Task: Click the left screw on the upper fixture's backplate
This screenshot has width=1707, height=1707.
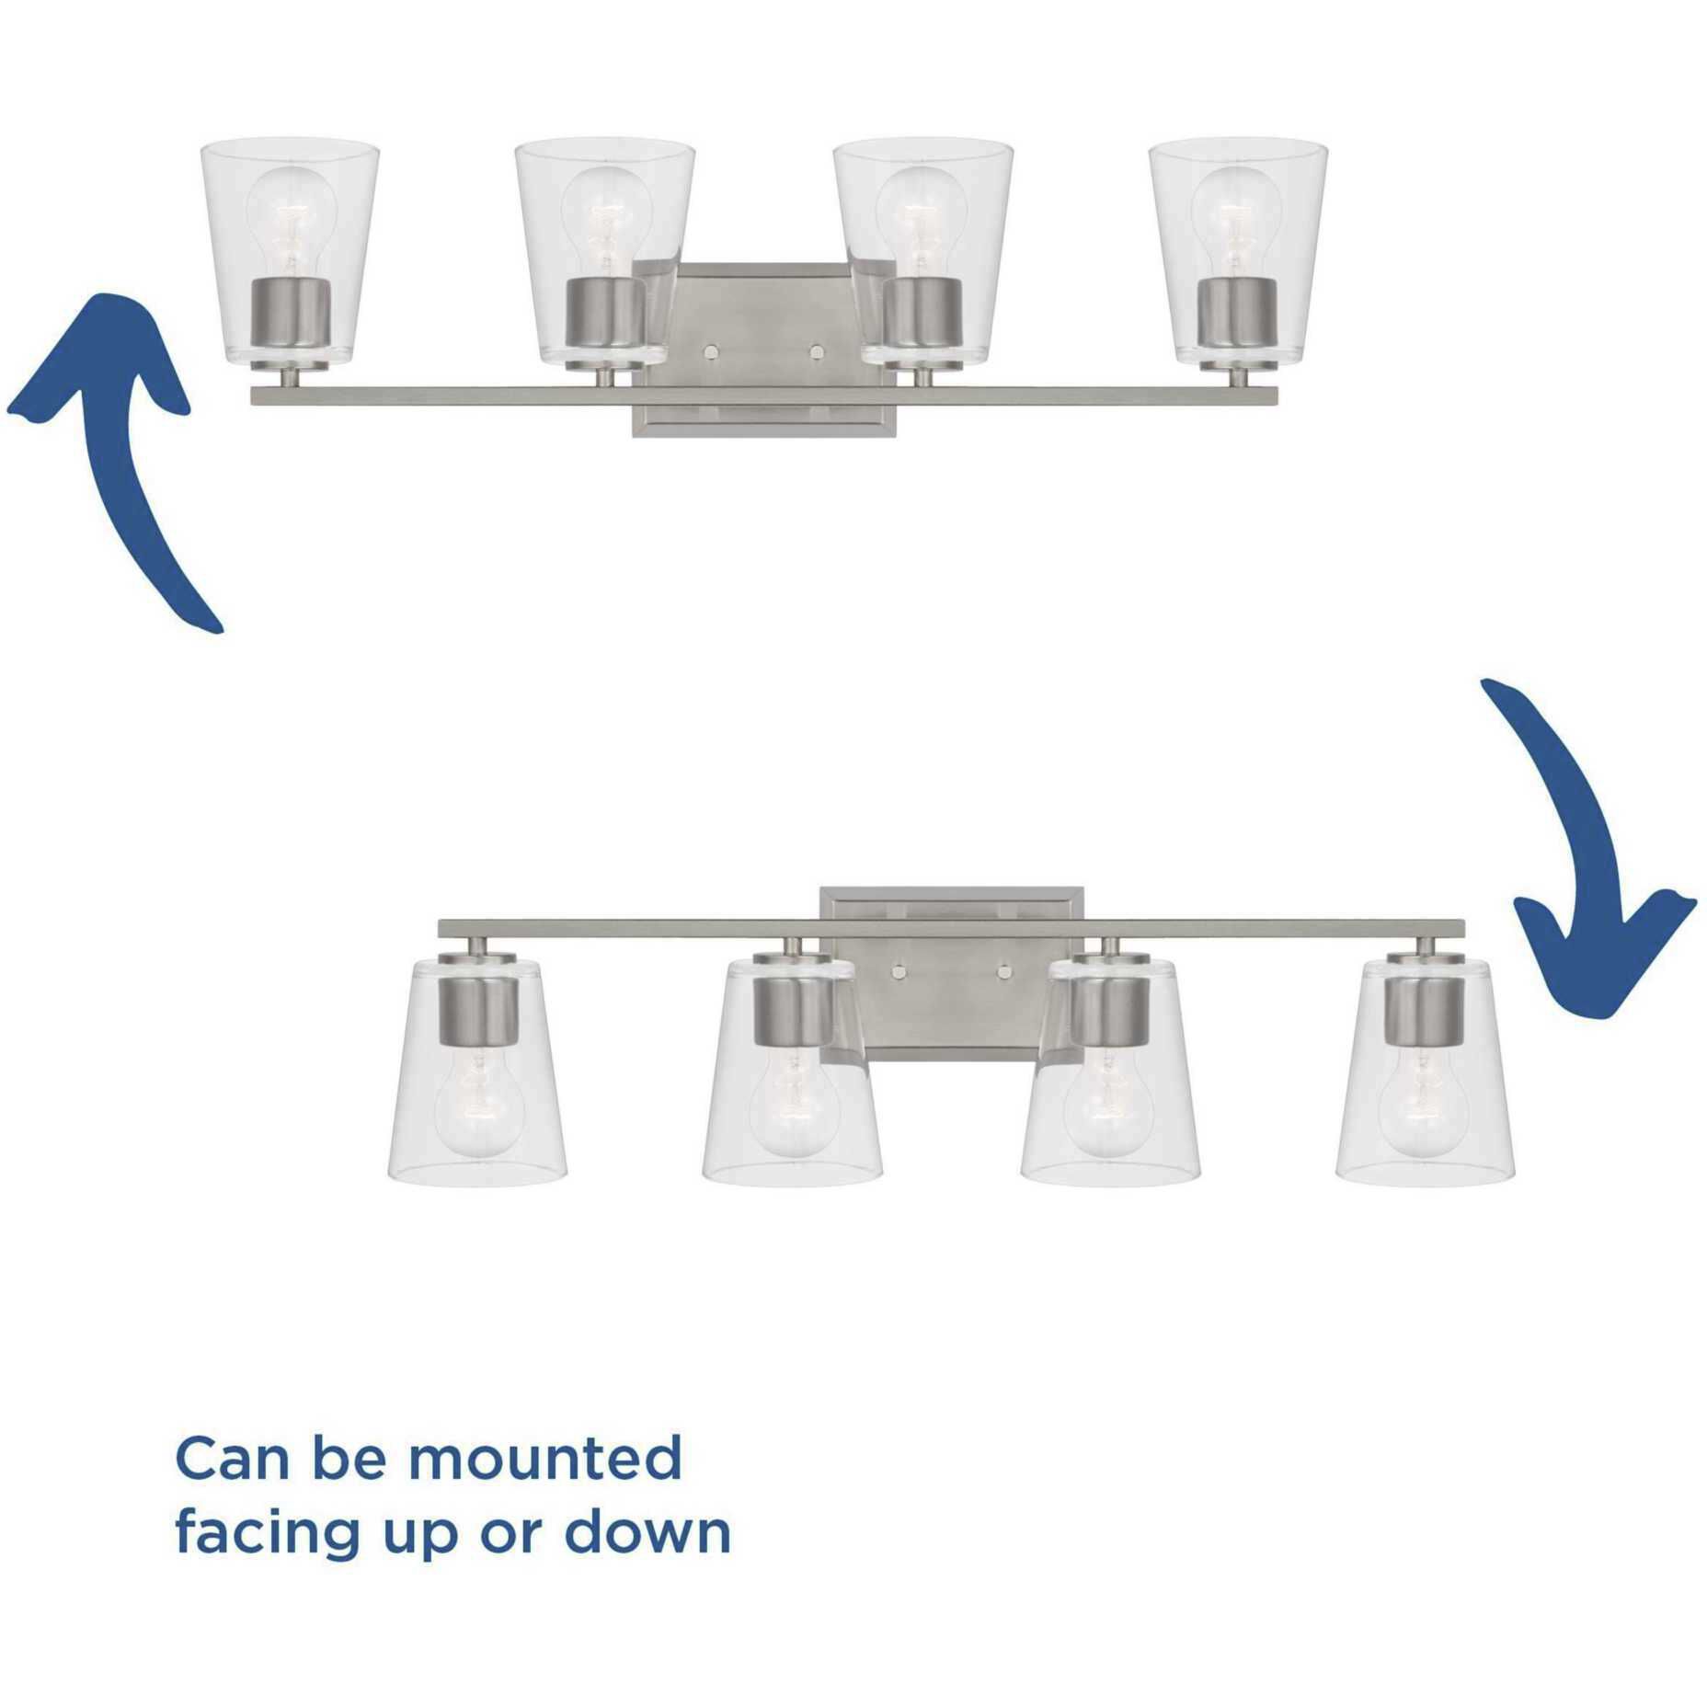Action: pos(711,350)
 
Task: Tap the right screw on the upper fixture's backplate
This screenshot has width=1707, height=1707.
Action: pos(815,350)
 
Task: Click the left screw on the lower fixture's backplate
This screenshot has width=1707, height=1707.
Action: pos(899,970)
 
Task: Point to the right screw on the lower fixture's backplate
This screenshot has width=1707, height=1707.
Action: pos(1003,970)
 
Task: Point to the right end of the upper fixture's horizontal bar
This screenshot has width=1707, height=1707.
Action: pos(1278,395)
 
